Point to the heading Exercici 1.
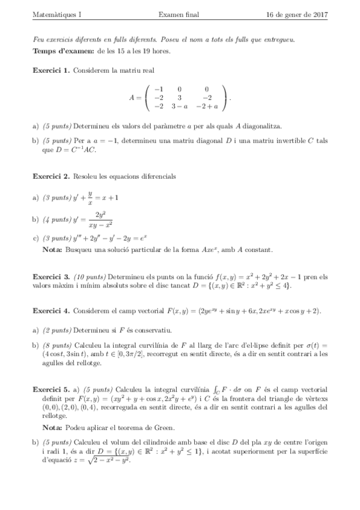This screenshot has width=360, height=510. [51, 70]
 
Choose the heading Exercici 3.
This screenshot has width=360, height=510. [51, 277]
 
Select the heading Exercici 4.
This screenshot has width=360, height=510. [51, 312]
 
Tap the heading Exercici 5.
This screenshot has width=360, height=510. [51, 382]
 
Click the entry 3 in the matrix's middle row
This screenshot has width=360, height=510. [179, 97]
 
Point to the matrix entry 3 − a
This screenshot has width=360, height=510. [179, 106]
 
